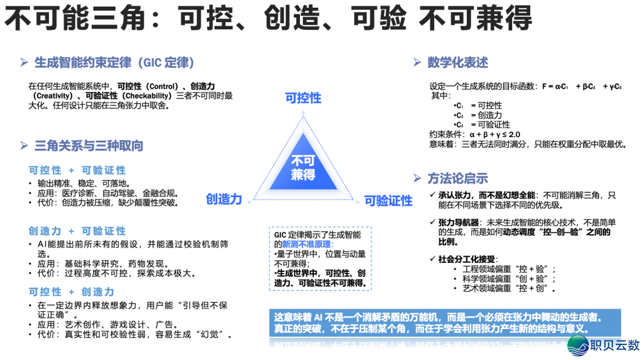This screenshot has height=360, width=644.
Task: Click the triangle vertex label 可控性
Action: tap(303, 97)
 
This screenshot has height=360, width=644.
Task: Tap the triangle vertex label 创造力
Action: tap(224, 199)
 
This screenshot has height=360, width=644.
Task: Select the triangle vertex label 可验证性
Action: tap(388, 201)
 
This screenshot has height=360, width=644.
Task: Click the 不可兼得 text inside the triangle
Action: tap(303, 168)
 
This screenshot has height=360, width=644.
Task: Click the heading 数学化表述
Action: tap(457, 63)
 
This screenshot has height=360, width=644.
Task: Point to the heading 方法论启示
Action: tap(457, 178)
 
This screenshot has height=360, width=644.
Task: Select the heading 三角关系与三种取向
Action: tap(89, 146)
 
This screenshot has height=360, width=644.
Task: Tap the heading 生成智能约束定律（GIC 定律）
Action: tap(114, 63)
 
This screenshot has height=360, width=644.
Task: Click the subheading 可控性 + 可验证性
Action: tap(78, 170)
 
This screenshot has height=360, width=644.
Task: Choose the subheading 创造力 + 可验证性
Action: tap(78, 231)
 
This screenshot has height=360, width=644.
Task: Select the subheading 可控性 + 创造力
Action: tap(72, 291)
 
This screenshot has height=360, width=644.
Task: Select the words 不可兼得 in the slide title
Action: tap(475, 19)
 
